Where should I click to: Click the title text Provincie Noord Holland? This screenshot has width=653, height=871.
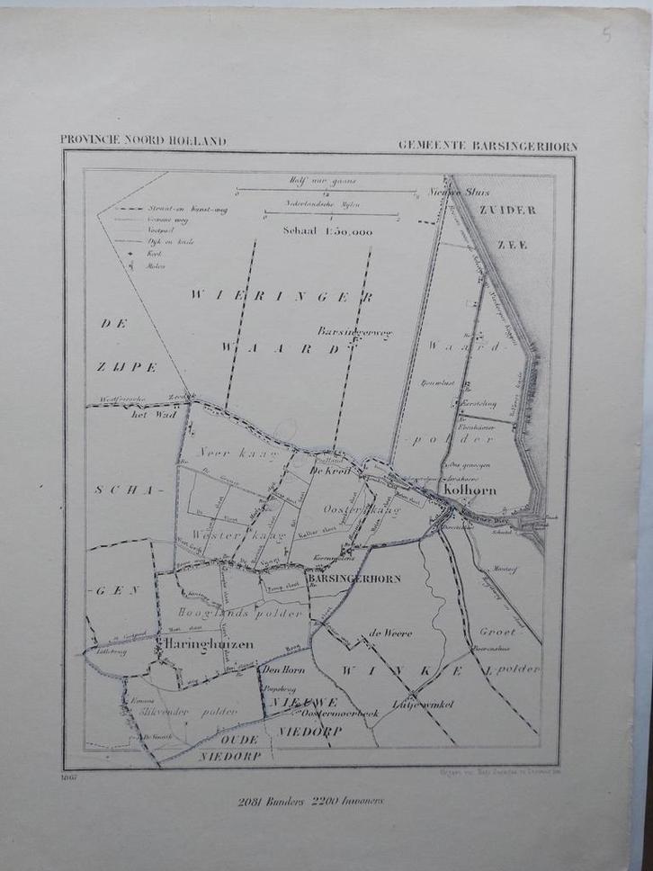[143, 140]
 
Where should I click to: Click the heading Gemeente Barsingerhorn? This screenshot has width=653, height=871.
[488, 146]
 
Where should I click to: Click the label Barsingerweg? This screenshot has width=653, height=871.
[355, 331]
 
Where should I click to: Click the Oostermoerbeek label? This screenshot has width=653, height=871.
[341, 713]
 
